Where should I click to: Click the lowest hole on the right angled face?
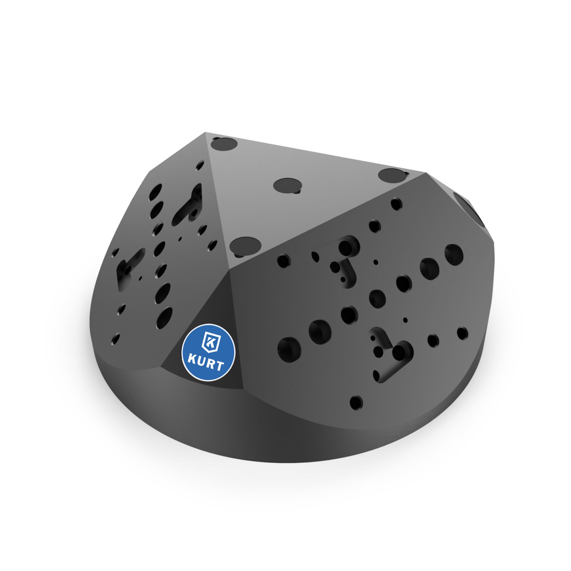point(356,401)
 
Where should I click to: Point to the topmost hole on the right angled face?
point(397,203)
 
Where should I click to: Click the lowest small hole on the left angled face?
point(116,338)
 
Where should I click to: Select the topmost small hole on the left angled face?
point(201,164)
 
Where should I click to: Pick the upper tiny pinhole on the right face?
point(375,262)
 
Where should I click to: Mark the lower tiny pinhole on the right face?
point(405,319)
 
